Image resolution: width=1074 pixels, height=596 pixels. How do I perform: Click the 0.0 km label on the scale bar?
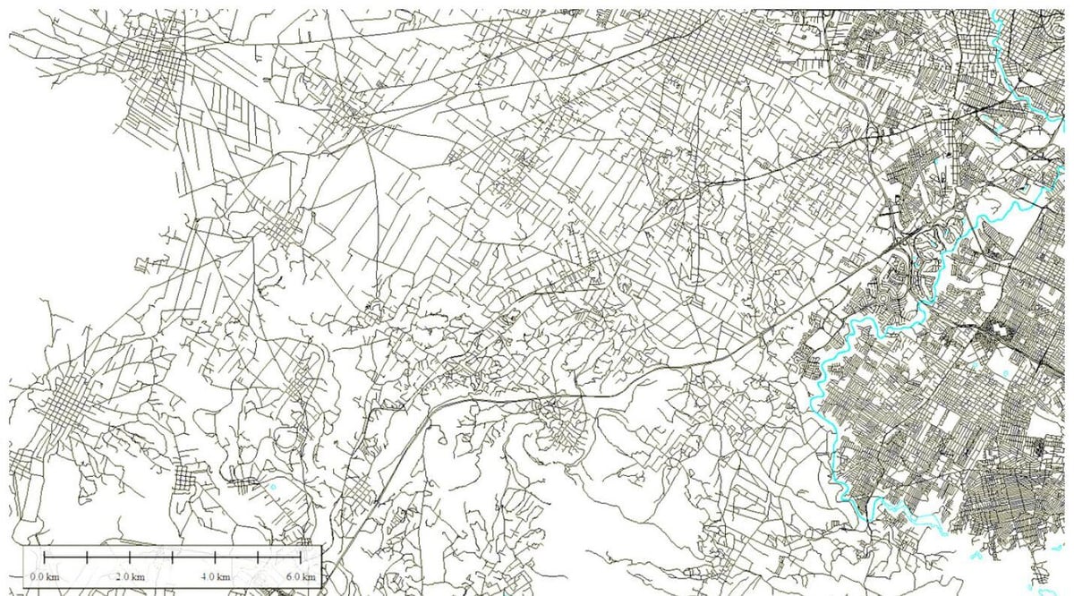click(x=43, y=577)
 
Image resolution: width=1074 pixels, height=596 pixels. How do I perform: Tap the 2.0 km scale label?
click(x=130, y=577)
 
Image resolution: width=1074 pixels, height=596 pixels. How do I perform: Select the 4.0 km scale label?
click(x=216, y=577)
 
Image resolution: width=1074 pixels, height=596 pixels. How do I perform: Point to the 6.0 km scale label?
click(x=302, y=577)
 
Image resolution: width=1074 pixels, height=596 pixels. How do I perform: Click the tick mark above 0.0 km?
click(x=44, y=558)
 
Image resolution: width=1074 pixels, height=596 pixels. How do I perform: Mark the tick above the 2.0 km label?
click(x=130, y=558)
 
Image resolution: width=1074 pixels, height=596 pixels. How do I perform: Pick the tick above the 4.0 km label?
click(x=216, y=558)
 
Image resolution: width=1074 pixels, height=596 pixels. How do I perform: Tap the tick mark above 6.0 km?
click(x=302, y=558)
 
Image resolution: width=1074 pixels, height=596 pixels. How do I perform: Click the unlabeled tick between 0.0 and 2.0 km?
click(x=87, y=558)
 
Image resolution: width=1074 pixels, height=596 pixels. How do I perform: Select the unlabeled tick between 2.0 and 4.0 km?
click(x=173, y=558)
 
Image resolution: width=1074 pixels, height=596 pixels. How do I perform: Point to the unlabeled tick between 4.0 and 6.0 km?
click(x=259, y=558)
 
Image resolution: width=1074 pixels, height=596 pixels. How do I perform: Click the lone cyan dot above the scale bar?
click(x=273, y=487)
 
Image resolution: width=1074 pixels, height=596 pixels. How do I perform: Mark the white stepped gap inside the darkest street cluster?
click(x=993, y=332)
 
